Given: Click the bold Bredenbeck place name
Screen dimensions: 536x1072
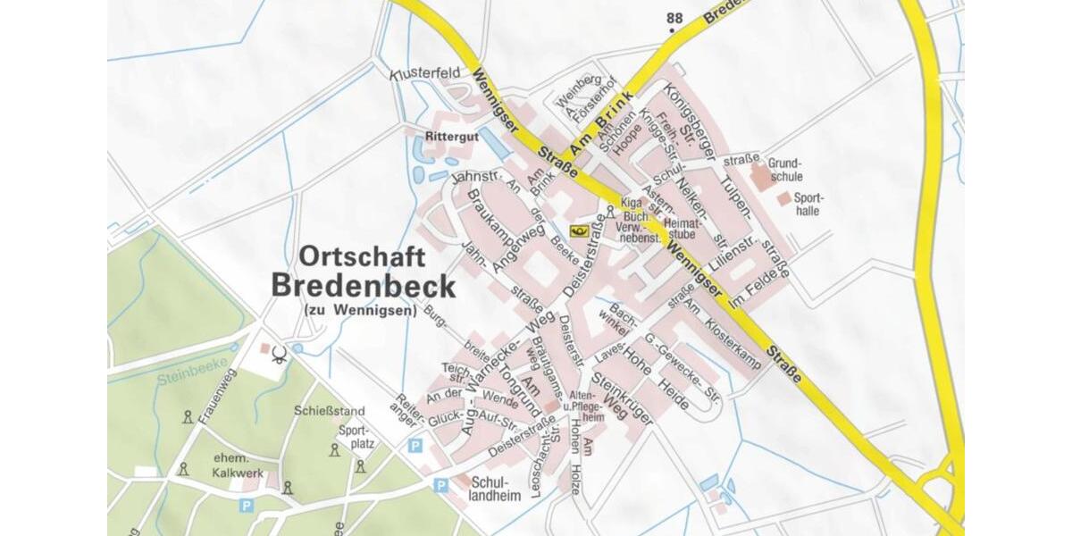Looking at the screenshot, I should [x=363, y=286].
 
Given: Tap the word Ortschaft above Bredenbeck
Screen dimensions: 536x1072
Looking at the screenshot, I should [x=362, y=256].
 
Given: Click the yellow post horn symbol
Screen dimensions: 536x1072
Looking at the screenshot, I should [x=578, y=231].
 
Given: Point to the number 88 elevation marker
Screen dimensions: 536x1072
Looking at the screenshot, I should [x=674, y=18].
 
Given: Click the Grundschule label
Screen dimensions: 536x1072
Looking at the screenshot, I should [x=785, y=170].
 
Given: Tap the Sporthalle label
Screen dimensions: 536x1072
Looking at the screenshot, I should [x=807, y=204].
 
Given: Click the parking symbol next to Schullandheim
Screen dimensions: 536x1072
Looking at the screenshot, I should [x=440, y=485].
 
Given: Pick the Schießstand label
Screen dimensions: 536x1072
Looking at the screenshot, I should [x=317, y=412].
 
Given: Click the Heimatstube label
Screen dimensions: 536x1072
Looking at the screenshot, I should [x=681, y=228].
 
